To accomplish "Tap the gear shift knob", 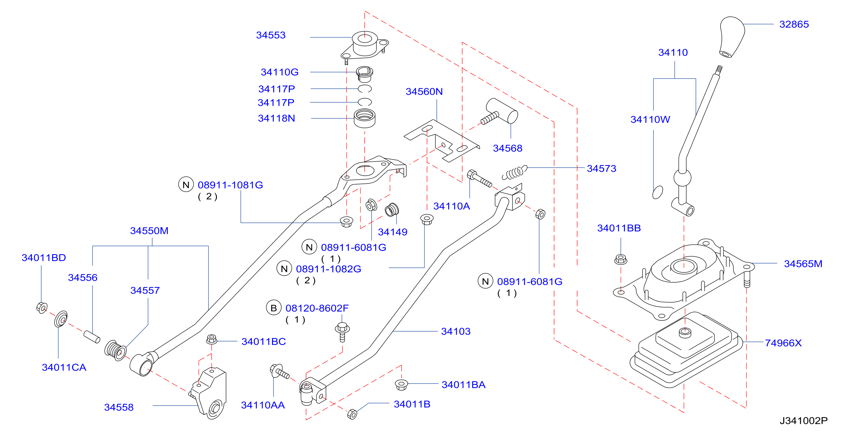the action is tap(732, 37).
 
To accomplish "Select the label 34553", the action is tap(271, 35).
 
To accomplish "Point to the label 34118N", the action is tap(276, 118).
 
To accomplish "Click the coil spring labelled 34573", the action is tap(514, 172).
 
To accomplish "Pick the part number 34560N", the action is tap(424, 91).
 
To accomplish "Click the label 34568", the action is tap(507, 148).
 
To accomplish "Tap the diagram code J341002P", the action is tap(803, 421).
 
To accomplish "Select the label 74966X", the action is tap(783, 343).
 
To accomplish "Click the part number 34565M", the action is tap(803, 264).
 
